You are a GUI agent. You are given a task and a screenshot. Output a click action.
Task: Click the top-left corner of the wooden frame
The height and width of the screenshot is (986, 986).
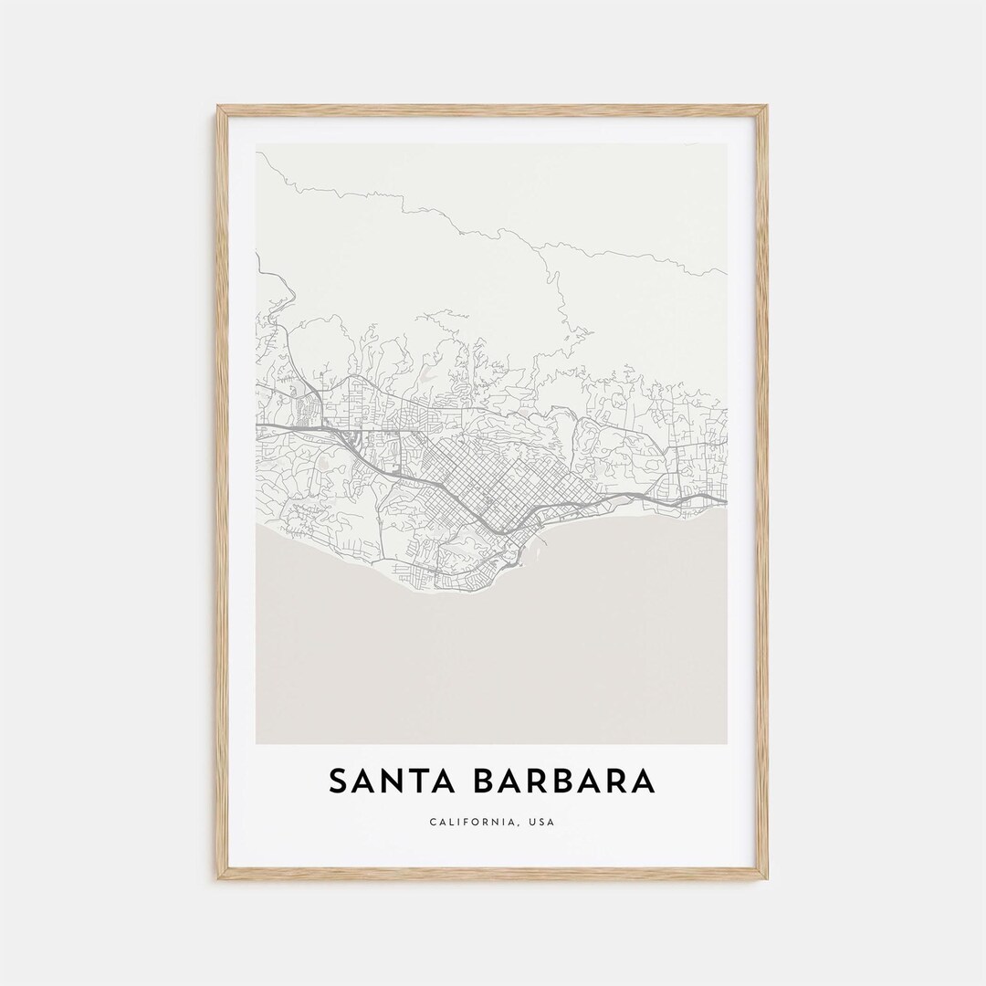point(219,108)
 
